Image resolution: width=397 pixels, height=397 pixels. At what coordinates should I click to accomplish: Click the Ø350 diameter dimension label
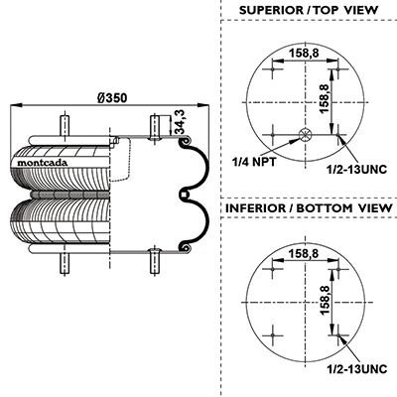(x=112, y=98)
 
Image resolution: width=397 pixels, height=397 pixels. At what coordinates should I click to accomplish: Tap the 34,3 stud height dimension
(x=180, y=122)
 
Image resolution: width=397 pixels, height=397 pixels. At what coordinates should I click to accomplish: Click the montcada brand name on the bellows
(x=42, y=163)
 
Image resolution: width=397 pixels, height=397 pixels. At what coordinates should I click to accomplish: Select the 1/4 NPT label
(x=254, y=162)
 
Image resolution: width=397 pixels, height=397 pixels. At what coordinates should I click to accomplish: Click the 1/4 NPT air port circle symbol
(x=305, y=135)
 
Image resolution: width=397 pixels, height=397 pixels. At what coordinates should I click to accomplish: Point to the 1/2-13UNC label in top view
(x=356, y=170)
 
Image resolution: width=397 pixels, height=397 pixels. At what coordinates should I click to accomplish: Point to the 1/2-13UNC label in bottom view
(x=356, y=368)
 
